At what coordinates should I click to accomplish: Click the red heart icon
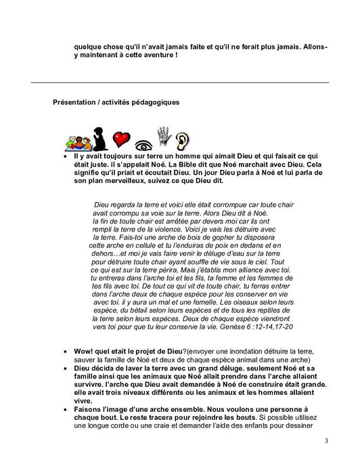tap(121, 139)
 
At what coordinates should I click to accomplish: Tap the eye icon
tap(143, 144)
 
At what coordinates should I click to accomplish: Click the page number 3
tap(326, 442)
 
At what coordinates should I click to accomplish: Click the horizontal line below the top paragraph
tap(180, 83)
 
